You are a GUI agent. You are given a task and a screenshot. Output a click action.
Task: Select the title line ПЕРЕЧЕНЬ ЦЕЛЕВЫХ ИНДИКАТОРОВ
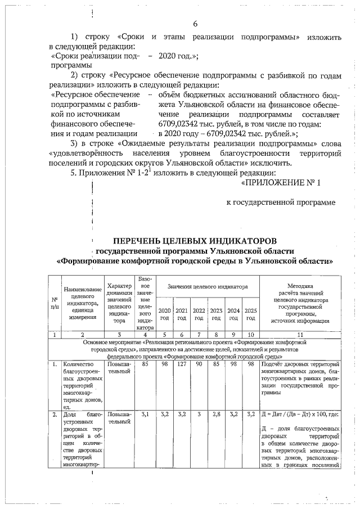point(195,240)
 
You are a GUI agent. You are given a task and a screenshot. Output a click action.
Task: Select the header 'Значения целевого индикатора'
point(208,287)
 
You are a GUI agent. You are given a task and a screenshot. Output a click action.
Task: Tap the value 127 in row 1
point(182,364)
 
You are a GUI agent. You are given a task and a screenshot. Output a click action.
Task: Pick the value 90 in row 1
point(199,364)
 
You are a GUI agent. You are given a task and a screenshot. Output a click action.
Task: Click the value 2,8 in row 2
point(216,414)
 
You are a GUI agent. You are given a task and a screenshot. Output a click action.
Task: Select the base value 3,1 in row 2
point(145,414)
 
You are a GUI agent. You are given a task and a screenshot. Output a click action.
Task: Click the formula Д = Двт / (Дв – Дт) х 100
point(299,415)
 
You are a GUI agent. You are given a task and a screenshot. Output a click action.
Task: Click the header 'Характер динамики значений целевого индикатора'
point(119,303)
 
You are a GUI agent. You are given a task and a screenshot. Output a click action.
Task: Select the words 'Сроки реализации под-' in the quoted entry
point(95,56)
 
